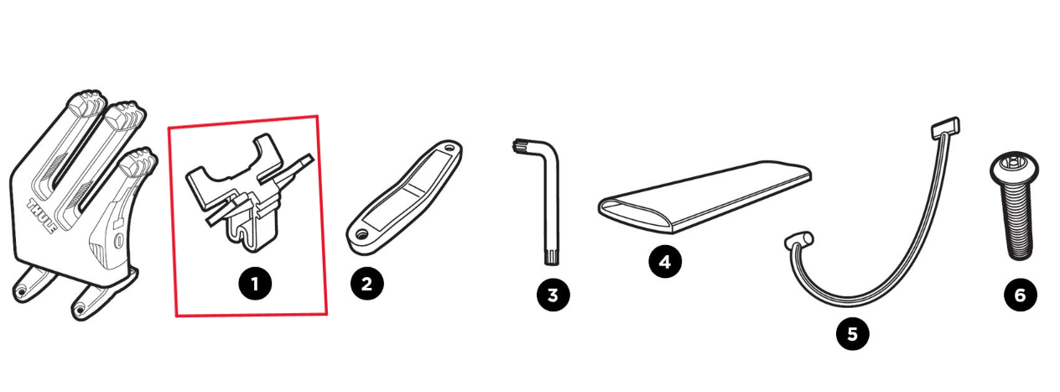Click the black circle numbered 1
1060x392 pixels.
click(255, 284)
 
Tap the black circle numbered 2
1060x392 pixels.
click(366, 284)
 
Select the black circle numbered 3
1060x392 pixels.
click(553, 295)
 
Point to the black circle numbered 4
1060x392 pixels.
click(665, 261)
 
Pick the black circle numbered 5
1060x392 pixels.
click(852, 334)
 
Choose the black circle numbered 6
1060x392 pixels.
click(1021, 295)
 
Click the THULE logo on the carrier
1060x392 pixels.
click(42, 217)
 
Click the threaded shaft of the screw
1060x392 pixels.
click(1016, 222)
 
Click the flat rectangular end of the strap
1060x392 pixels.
click(945, 128)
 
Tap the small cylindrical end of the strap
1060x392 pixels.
click(799, 239)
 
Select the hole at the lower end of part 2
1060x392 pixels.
click(362, 233)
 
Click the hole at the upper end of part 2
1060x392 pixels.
click(448, 147)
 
